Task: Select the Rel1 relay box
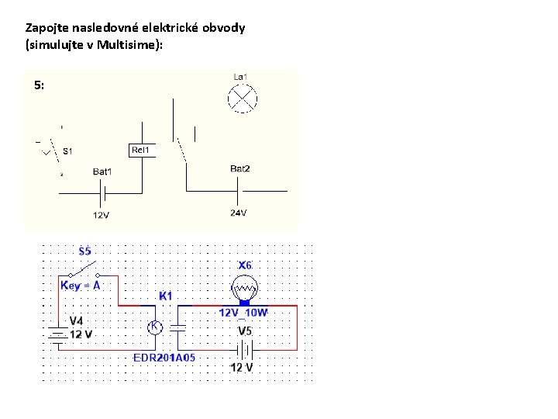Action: point(141,150)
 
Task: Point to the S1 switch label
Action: point(68,151)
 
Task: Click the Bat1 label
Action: point(102,171)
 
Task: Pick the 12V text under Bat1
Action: point(101,215)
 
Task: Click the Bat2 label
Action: point(240,168)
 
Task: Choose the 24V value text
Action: point(238,213)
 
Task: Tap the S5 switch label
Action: point(85,251)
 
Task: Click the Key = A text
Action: point(81,286)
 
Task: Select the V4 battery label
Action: point(77,320)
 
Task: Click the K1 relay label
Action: point(166,296)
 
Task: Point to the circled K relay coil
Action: point(154,327)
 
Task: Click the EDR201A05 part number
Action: point(165,358)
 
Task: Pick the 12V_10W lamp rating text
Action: point(243,313)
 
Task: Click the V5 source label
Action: point(245,331)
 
